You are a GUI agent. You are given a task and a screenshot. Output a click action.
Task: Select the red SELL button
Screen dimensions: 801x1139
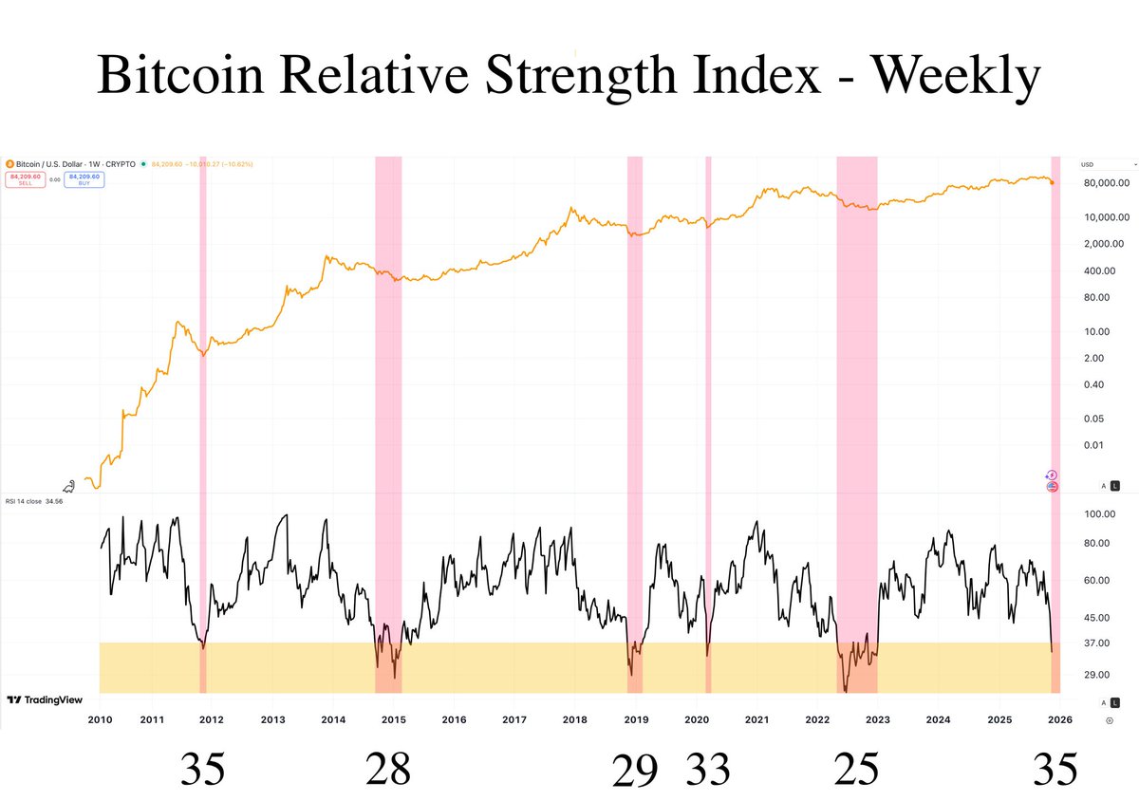(25, 178)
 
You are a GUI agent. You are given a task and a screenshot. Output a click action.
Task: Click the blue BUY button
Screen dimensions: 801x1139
(84, 178)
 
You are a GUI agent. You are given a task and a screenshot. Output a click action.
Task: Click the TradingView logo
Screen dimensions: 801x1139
(45, 700)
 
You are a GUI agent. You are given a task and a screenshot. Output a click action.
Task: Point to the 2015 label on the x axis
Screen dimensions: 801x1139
(393, 719)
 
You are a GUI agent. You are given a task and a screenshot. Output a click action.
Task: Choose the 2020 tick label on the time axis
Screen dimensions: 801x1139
(696, 719)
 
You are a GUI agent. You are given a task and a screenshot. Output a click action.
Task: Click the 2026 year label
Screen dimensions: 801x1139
(1059, 719)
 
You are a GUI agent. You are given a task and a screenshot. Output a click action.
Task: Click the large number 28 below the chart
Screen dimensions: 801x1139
(388, 769)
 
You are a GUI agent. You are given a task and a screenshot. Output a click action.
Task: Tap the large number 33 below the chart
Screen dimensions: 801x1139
(708, 769)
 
